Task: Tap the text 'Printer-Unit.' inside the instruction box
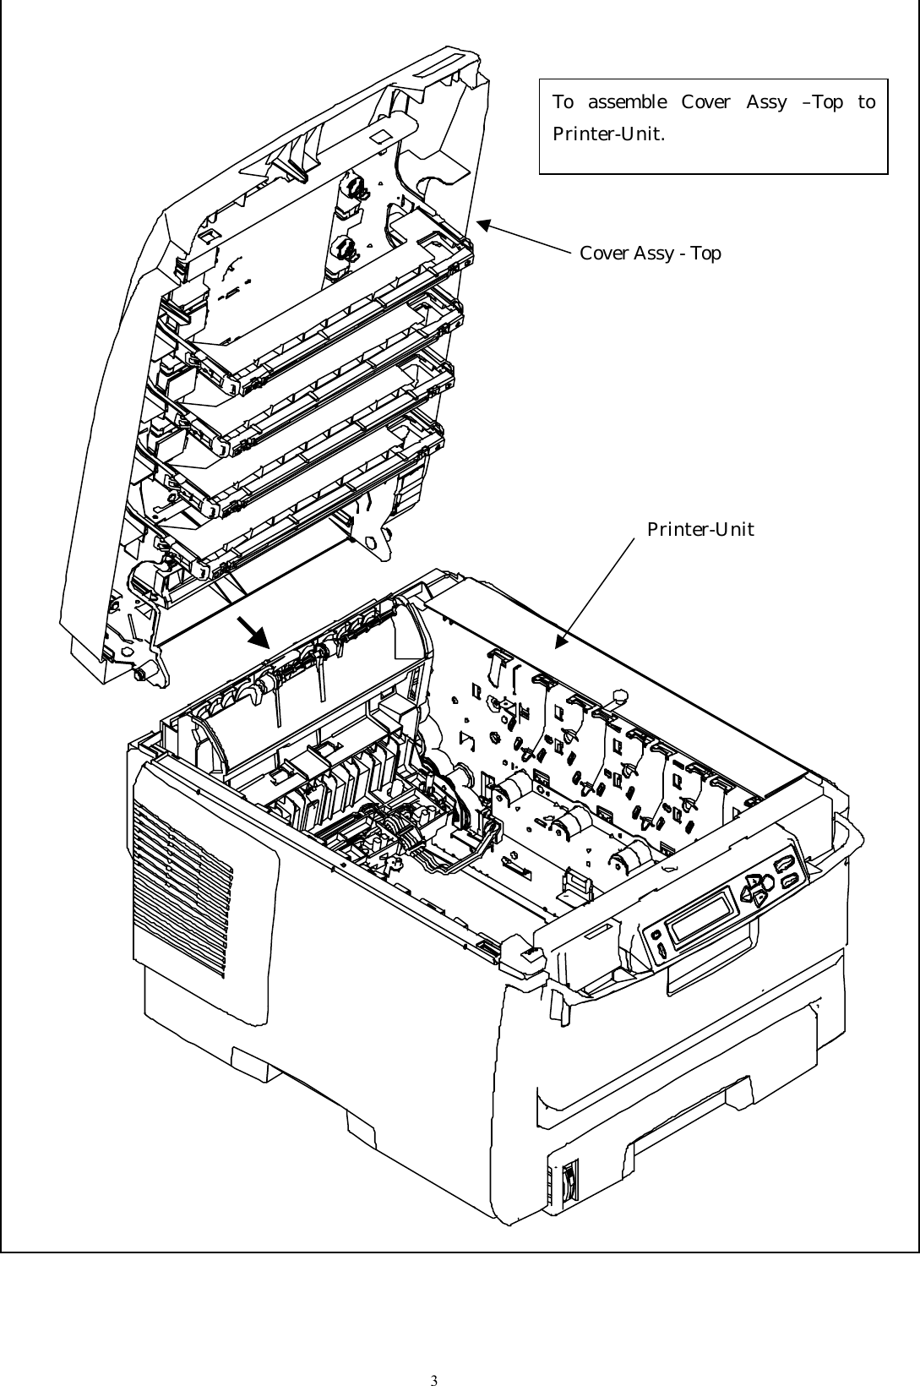pyautogui.click(x=607, y=134)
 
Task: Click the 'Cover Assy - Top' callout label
pyautogui.click(x=651, y=253)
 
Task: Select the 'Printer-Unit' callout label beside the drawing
pyautogui.click(x=700, y=529)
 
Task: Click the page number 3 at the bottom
pyautogui.click(x=433, y=1358)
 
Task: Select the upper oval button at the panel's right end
pyautogui.click(x=783, y=863)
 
